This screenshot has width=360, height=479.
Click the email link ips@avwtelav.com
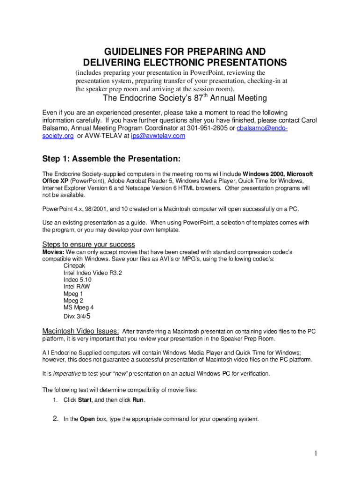point(159,136)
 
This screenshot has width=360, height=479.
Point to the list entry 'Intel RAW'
point(77,287)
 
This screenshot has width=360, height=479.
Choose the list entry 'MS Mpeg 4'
point(79,308)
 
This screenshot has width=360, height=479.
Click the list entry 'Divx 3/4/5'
point(77,316)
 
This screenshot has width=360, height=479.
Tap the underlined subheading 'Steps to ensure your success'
point(89,245)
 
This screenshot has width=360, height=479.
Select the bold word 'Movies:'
point(54,252)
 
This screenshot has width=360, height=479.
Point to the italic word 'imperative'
point(67,374)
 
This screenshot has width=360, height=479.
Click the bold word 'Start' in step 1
point(84,400)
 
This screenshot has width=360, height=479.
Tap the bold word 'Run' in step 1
point(138,400)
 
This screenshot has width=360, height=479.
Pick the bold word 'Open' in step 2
point(87,419)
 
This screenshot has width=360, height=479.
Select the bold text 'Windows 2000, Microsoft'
point(277,174)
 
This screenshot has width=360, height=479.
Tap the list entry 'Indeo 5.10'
point(78,280)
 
